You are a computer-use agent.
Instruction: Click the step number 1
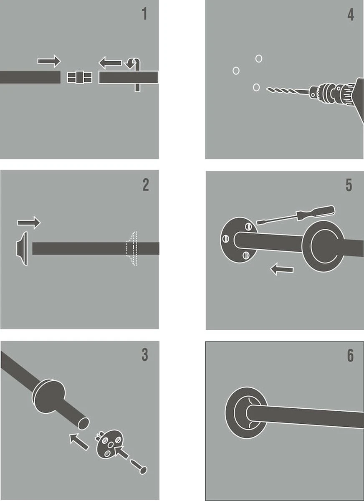tap(145, 14)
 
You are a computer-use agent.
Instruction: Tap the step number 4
tap(351, 15)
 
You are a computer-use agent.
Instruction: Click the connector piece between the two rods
tap(79, 77)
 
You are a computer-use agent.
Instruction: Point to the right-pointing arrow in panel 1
tap(49, 61)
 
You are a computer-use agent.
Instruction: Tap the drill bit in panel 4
tap(288, 91)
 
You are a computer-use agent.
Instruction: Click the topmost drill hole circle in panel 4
tap(259, 58)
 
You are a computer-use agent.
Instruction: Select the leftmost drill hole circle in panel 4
tap(236, 71)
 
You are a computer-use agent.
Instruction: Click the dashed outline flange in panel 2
tap(131, 248)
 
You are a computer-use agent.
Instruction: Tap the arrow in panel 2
tap(29, 223)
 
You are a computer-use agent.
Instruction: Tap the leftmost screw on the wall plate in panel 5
tap(225, 239)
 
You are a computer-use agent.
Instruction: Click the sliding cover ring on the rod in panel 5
tap(324, 246)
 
